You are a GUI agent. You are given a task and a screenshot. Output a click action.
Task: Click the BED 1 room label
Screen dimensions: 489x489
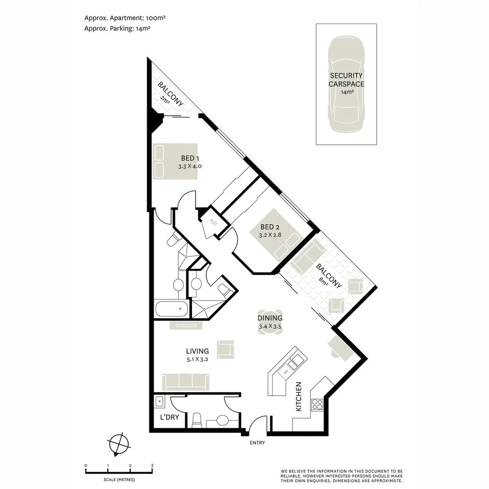190,158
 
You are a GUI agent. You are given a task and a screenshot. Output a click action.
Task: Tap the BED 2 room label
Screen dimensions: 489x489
270,227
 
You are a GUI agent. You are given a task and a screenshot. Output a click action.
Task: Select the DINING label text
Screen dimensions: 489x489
270,318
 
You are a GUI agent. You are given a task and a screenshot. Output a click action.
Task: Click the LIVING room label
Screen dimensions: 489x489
197,351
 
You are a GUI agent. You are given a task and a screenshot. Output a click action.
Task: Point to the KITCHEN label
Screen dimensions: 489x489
299,397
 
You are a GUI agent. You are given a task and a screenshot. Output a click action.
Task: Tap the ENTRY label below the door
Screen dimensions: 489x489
257,443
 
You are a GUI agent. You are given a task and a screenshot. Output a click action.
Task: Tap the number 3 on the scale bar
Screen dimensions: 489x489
152,465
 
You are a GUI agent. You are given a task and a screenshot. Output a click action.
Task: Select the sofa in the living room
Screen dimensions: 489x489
186,382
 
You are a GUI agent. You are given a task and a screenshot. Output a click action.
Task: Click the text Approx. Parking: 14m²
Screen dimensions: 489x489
117,28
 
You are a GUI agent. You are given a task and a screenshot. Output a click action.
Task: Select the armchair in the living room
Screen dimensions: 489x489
226,349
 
